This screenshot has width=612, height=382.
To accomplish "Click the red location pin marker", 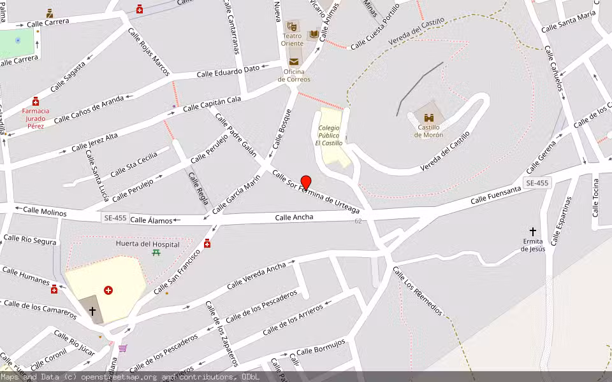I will (306, 182).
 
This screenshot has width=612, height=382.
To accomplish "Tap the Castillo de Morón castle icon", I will (429, 118).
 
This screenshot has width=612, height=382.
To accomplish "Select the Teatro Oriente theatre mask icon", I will (292, 26).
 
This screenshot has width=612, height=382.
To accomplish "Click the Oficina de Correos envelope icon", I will (294, 62).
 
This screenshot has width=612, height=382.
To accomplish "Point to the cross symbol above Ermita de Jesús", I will (533, 231).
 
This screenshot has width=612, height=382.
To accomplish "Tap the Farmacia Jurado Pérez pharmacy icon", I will (36, 101).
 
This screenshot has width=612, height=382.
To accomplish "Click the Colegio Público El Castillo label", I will (329, 135).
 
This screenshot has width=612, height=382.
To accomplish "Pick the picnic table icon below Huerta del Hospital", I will (156, 253).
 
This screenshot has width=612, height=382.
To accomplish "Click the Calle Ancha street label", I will (294, 217).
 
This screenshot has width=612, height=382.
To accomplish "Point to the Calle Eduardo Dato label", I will (228, 71).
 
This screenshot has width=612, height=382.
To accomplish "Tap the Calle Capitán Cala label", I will (212, 103).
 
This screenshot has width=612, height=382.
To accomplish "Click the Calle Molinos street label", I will (45, 211).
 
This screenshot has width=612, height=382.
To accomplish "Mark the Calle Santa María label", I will (568, 22).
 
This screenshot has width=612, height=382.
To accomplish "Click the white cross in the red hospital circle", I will (108, 290).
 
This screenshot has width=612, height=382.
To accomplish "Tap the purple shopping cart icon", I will (123, 348).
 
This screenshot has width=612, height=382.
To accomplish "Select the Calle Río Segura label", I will (30, 240).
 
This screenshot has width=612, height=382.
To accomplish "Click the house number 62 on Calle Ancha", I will (358, 221).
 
